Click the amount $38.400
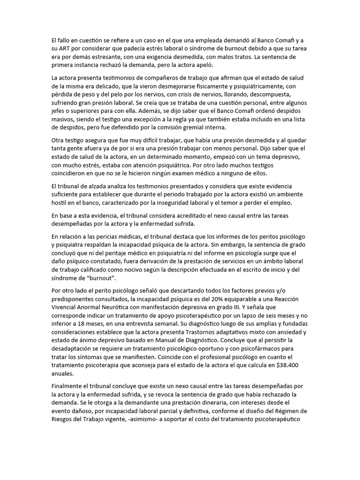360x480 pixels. click(x=292, y=366)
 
